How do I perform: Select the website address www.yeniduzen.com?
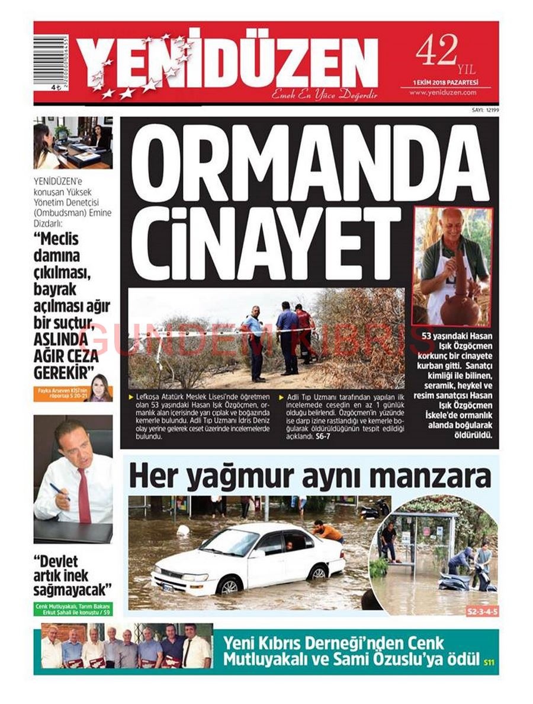[x=443, y=93]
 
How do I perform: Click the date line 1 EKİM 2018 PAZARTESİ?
[x=445, y=82]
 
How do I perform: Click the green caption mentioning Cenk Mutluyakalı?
[x=73, y=609]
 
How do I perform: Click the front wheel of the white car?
[x=227, y=586]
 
